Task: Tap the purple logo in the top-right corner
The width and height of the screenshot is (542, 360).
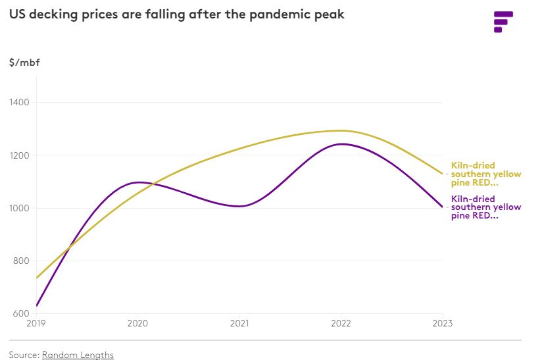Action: click(x=503, y=21)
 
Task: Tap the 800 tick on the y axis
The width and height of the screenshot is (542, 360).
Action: click(x=21, y=261)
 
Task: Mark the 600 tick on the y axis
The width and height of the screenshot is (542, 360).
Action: click(x=21, y=313)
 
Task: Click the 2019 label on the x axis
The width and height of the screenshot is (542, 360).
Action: click(x=37, y=324)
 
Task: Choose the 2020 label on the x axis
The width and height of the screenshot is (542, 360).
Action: click(x=138, y=324)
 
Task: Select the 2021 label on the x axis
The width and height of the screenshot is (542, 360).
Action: click(x=239, y=324)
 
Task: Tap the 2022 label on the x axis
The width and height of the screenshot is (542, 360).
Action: click(x=341, y=324)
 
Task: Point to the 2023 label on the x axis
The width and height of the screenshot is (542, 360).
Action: click(x=442, y=324)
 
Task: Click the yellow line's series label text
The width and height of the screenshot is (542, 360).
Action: click(x=485, y=174)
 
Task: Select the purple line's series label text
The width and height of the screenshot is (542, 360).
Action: click(x=485, y=207)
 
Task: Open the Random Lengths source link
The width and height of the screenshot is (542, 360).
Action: click(x=78, y=355)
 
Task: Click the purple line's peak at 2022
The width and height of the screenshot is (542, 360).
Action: click(x=341, y=144)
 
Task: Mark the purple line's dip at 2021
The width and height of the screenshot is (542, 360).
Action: click(x=239, y=206)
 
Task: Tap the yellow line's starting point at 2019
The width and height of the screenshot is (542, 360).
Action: click(x=37, y=278)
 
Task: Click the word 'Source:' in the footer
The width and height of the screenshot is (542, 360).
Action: click(x=24, y=355)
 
